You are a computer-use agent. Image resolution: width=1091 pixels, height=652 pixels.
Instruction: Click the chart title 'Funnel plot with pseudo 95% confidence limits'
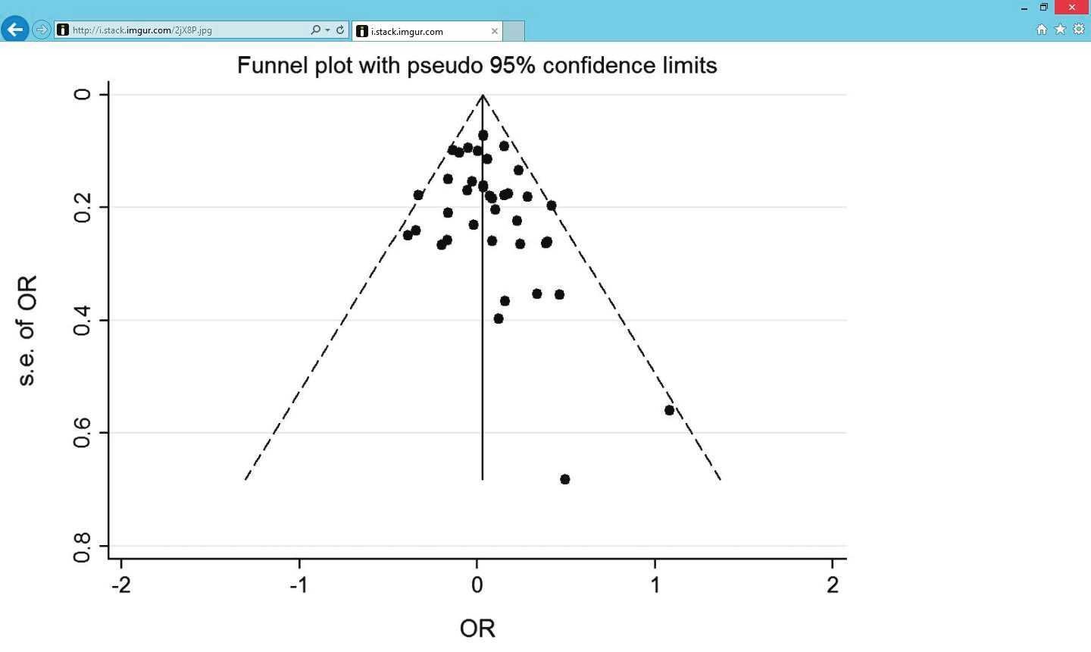click(x=477, y=66)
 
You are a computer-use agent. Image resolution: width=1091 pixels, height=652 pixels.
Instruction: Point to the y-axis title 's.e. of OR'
click(x=27, y=331)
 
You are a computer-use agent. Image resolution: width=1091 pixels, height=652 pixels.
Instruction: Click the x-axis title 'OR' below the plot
click(x=477, y=628)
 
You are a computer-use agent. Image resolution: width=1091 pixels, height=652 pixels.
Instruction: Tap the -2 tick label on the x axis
click(x=121, y=585)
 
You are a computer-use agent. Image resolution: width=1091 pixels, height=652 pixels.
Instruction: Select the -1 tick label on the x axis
click(x=299, y=585)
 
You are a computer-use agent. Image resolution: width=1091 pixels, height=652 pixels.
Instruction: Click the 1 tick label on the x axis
click(x=655, y=585)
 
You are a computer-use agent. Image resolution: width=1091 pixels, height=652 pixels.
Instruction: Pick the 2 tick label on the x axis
click(x=833, y=585)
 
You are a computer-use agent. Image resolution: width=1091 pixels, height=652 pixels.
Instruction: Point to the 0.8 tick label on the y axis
click(x=82, y=547)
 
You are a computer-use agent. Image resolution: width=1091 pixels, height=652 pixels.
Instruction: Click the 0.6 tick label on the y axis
click(x=82, y=433)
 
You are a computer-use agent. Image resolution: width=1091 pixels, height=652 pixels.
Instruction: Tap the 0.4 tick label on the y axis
click(x=82, y=320)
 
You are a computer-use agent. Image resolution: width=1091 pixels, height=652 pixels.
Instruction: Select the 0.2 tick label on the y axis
click(x=82, y=207)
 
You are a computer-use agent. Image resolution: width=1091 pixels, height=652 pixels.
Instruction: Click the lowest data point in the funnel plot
click(x=565, y=479)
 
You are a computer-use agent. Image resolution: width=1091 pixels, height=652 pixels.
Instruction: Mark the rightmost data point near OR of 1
click(x=669, y=410)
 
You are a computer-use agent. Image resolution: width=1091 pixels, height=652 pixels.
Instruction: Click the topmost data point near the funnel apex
click(x=483, y=135)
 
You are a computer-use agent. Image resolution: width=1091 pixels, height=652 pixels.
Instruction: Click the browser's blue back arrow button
click(x=14, y=30)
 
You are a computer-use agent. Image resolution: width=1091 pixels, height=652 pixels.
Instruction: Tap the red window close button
click(x=1072, y=8)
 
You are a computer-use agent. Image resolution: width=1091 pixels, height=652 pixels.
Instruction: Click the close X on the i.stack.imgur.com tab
click(x=494, y=31)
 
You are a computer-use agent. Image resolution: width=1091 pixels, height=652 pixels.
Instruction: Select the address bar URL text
click(x=142, y=30)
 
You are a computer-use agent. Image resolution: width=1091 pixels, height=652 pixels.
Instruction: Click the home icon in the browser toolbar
click(x=1041, y=30)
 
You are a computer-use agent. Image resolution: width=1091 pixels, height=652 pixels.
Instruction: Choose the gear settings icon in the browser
click(x=1079, y=30)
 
